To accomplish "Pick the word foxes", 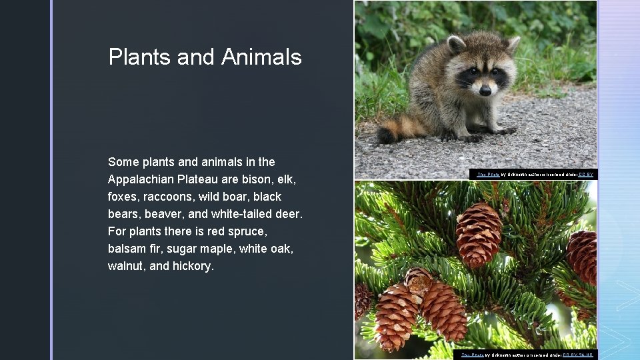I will pos(124,197).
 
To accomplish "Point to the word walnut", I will pos(125,266).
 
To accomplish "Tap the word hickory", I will pos(192,266).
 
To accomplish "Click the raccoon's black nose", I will pos(485,90).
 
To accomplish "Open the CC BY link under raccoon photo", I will pos(585,175).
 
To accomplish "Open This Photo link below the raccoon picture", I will pos(488,175).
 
